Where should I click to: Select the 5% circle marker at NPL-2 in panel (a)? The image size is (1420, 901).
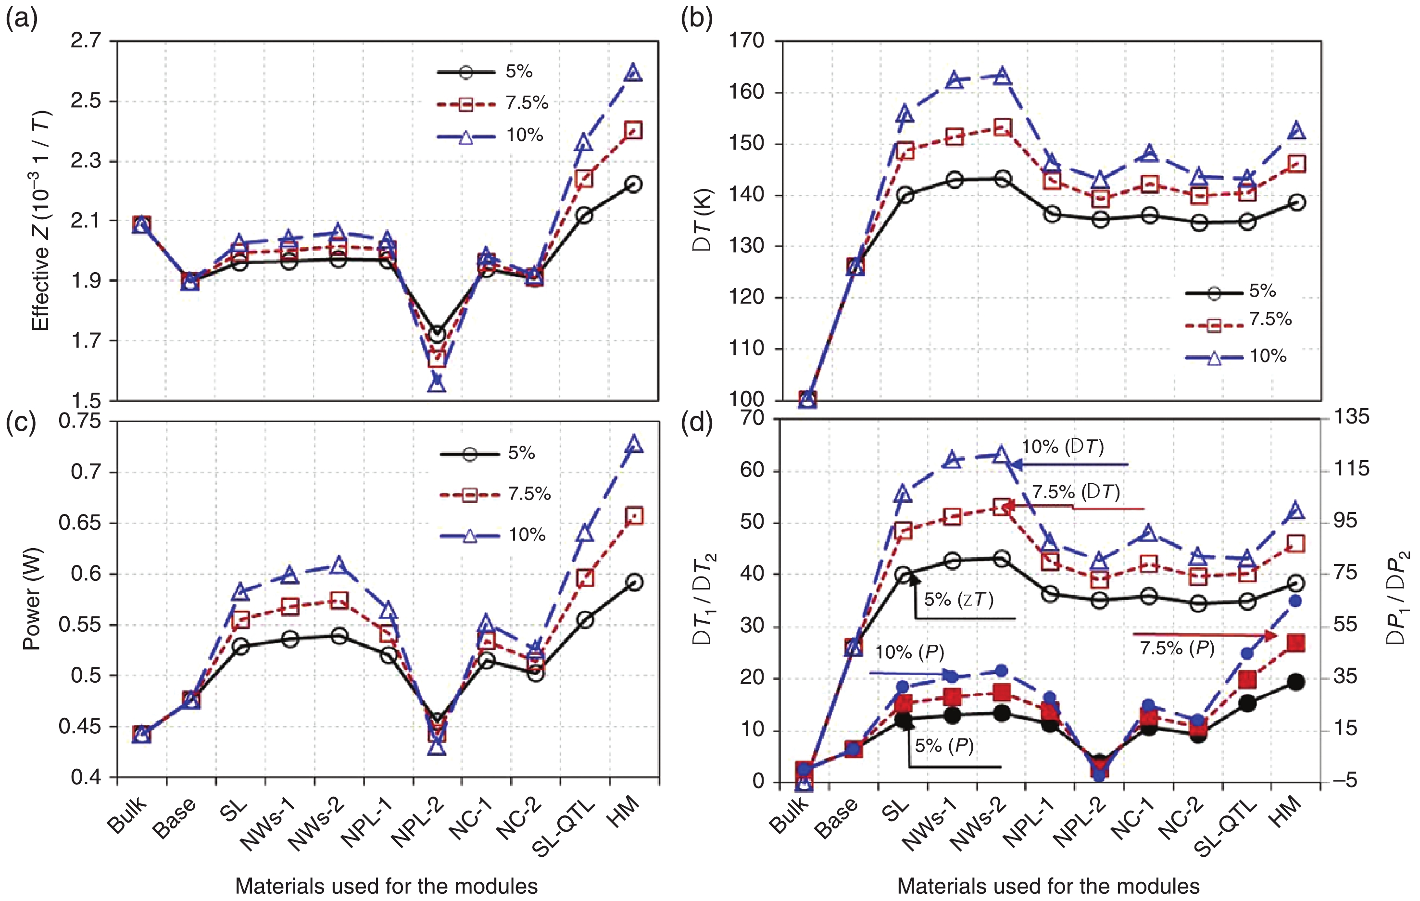(437, 334)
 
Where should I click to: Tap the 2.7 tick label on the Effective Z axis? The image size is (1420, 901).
(86, 41)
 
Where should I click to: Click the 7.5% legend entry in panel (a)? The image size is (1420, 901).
(492, 104)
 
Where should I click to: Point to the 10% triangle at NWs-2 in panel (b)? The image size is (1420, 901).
(1002, 76)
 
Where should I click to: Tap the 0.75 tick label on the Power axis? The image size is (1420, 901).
(80, 421)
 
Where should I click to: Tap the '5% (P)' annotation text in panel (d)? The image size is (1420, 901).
(944, 746)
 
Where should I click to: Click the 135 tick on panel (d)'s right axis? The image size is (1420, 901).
(1352, 417)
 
